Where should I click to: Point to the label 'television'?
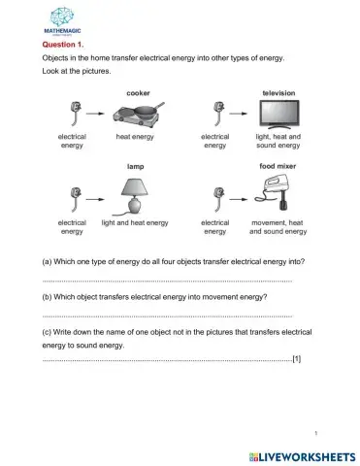tap(278, 92)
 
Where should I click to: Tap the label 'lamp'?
tap(136, 167)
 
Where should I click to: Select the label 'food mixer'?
tap(278, 167)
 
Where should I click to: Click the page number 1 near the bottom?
tap(317, 432)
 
